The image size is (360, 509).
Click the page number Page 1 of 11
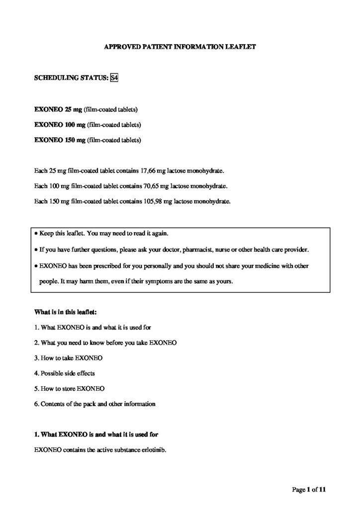(308, 490)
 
